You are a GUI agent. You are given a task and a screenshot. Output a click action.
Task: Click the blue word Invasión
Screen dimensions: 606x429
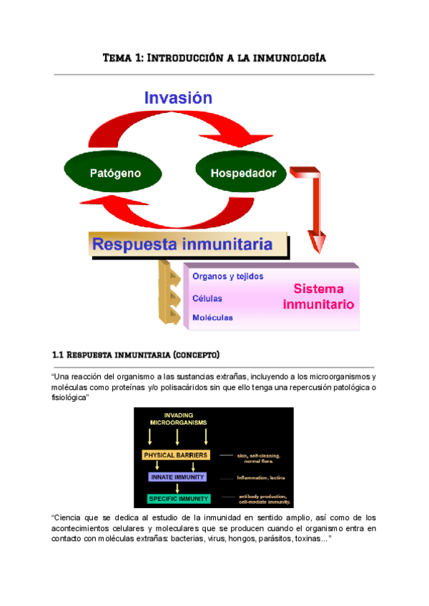(x=178, y=98)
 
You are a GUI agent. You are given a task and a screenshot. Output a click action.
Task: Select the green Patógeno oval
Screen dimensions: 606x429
(x=114, y=173)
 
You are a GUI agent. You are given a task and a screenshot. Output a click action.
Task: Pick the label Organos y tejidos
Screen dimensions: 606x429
(x=227, y=276)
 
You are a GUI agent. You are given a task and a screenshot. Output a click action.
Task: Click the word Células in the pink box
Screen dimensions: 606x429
(x=207, y=298)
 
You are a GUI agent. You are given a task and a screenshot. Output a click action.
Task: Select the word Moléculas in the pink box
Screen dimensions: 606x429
(x=212, y=317)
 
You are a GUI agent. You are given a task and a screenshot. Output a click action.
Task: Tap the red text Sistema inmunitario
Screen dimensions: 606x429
(x=318, y=297)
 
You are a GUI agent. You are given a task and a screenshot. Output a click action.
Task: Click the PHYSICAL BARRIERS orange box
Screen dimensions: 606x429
(x=175, y=454)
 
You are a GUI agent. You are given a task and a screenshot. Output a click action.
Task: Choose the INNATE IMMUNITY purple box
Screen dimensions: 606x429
(x=177, y=477)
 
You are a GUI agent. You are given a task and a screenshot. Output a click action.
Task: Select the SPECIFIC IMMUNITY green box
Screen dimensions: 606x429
(x=178, y=498)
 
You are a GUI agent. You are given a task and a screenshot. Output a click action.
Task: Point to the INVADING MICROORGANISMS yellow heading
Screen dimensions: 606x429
(x=177, y=419)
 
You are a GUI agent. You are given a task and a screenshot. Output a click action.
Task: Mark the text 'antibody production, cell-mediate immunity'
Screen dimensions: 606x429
(x=264, y=500)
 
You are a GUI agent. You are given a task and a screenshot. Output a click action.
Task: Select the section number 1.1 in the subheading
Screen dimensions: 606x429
(x=59, y=354)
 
